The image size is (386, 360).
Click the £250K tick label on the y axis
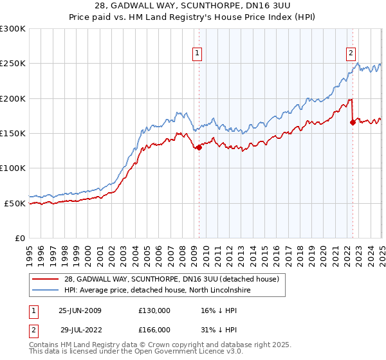pos(12,64)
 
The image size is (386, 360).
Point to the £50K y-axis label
pos(15,203)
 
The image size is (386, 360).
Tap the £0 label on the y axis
pos(20,238)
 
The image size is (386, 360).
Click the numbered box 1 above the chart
pos(197,53)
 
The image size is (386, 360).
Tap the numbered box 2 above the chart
pos(351,53)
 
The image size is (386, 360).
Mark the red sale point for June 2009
pos(199,147)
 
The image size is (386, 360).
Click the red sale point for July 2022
pos(353,122)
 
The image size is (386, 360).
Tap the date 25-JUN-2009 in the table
pos(80,310)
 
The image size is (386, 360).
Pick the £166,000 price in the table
pos(154,329)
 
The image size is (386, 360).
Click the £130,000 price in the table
pos(154,310)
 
